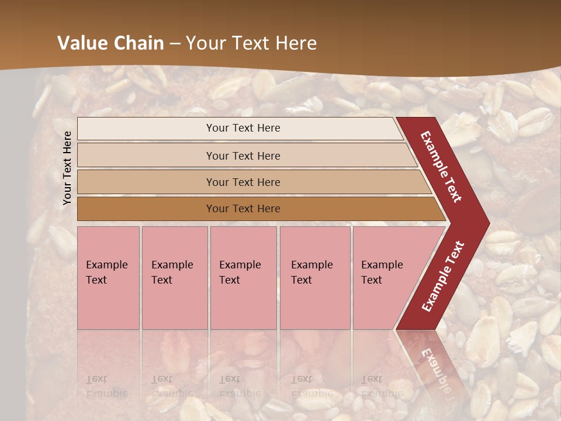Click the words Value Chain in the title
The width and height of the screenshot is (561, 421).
(110, 43)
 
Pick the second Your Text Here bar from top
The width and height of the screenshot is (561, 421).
(243, 156)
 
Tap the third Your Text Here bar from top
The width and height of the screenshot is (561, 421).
(243, 182)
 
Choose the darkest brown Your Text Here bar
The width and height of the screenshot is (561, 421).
(243, 209)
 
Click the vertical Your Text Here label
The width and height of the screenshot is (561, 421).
(67, 168)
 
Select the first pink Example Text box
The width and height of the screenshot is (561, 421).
(108, 278)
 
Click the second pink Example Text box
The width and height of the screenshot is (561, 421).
(174, 278)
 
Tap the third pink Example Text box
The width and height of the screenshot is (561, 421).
(243, 278)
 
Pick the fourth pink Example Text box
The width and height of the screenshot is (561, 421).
(314, 278)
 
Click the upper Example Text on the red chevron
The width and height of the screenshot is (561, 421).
(441, 167)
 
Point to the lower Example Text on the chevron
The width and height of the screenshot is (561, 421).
(443, 277)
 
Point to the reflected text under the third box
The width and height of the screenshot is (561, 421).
(240, 386)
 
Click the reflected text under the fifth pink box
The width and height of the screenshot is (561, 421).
(381, 386)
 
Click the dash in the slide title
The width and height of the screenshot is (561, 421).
(174, 44)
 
